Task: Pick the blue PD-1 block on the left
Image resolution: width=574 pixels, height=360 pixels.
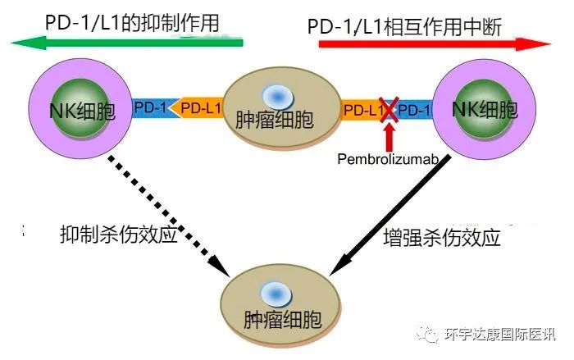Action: click(150, 108)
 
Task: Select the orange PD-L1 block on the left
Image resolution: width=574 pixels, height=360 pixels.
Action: click(198, 108)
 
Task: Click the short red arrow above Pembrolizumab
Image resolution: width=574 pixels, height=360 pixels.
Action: click(389, 135)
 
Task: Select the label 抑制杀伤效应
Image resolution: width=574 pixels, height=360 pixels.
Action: click(118, 233)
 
